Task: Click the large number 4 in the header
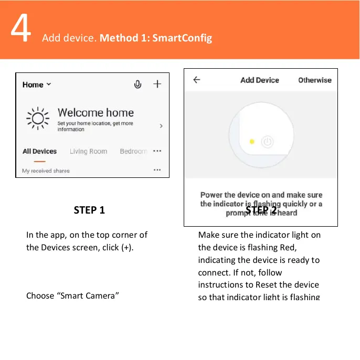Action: coord(20,31)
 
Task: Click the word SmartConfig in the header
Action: coord(182,38)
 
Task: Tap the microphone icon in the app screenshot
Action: coord(137,84)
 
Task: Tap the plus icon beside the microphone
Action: coord(157,84)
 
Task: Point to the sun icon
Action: coord(38,118)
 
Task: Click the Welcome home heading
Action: coord(96,113)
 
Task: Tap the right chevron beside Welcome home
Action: coord(161,126)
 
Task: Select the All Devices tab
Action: coord(39,151)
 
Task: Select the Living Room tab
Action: coord(88,151)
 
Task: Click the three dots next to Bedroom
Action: coord(157,151)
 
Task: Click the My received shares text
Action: coord(46,171)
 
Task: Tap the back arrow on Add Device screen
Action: coord(197,80)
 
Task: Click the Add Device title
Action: coord(259,80)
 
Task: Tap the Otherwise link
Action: coord(315,80)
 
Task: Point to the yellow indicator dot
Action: coord(252,141)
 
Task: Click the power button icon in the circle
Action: coord(267,141)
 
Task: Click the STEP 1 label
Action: coord(89,210)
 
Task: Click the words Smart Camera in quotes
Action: coord(89,295)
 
